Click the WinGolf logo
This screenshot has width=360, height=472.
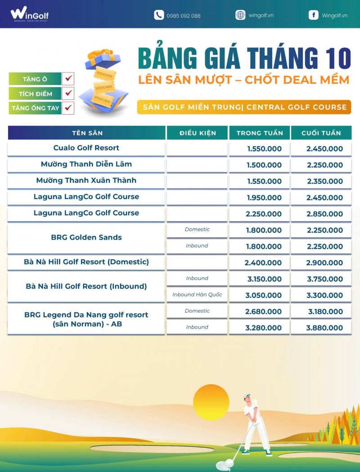click(29, 15)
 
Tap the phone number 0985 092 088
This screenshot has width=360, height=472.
click(183, 16)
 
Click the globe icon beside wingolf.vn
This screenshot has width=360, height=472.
click(240, 15)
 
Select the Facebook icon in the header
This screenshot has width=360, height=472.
click(313, 15)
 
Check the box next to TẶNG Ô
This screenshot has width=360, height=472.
click(69, 79)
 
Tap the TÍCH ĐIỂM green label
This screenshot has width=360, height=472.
click(35, 94)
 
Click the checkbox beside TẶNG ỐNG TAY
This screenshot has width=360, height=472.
click(69, 108)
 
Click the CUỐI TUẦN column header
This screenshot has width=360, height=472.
click(321, 133)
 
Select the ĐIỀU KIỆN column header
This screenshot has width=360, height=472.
click(198, 133)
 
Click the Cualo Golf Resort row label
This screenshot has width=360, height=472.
click(86, 148)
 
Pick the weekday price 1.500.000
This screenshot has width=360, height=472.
click(264, 165)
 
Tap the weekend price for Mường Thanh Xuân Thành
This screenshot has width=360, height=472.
click(324, 181)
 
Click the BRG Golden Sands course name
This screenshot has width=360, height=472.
click(86, 237)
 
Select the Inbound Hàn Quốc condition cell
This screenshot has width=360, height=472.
click(197, 295)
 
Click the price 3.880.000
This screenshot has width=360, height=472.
click(324, 328)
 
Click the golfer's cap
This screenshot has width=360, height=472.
click(247, 396)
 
